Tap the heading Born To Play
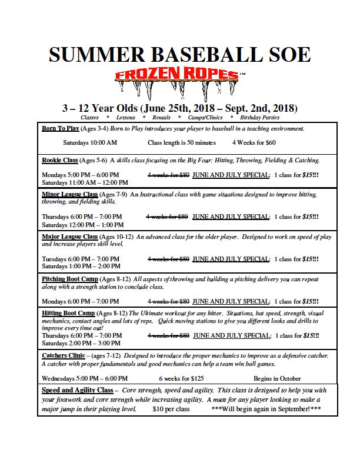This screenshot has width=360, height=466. [61, 128]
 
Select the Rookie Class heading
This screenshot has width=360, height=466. [60, 160]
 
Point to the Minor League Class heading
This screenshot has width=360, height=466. [70, 194]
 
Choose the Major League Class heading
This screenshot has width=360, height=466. [70, 237]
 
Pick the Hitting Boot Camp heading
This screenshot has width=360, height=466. [68, 314]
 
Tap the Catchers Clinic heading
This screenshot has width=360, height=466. [64, 356]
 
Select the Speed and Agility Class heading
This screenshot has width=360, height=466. [77, 390]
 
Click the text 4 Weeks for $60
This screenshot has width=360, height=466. [254, 143]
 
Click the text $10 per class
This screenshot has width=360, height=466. [171, 408]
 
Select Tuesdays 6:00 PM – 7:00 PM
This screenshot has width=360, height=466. [81, 259]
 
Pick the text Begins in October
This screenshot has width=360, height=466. [277, 378]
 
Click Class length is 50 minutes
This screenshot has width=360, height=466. [182, 143]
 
